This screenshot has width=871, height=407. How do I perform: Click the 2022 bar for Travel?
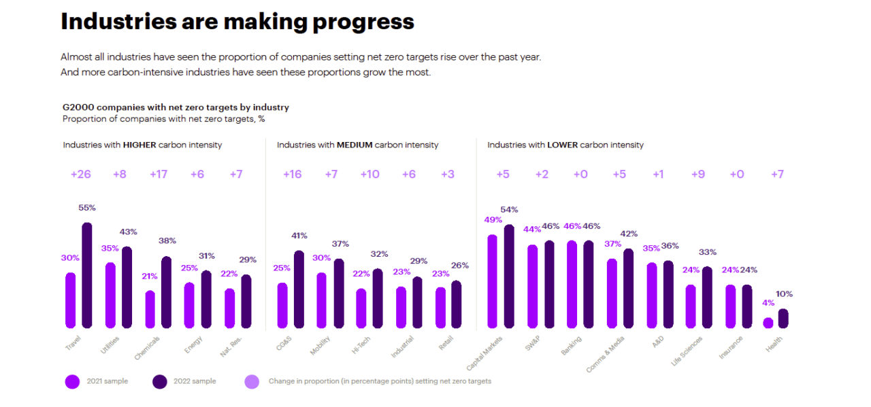[x=86, y=275]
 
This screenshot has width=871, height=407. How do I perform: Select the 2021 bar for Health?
[x=768, y=323]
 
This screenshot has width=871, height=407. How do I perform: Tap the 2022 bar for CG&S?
[x=299, y=289]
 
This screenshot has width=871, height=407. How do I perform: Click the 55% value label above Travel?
[x=87, y=208]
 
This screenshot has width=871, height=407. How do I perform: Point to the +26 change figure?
[x=80, y=175]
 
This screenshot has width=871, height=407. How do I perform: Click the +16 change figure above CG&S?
[x=292, y=175]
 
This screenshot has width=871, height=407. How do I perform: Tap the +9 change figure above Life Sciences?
[x=697, y=175]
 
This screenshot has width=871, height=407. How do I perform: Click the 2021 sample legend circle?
[x=72, y=382]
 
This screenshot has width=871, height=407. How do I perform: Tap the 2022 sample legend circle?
[x=160, y=382]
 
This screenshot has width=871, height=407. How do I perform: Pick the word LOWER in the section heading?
[x=562, y=145]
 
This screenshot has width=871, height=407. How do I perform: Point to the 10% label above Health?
[x=784, y=294]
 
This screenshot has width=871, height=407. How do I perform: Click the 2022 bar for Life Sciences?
[x=707, y=297]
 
